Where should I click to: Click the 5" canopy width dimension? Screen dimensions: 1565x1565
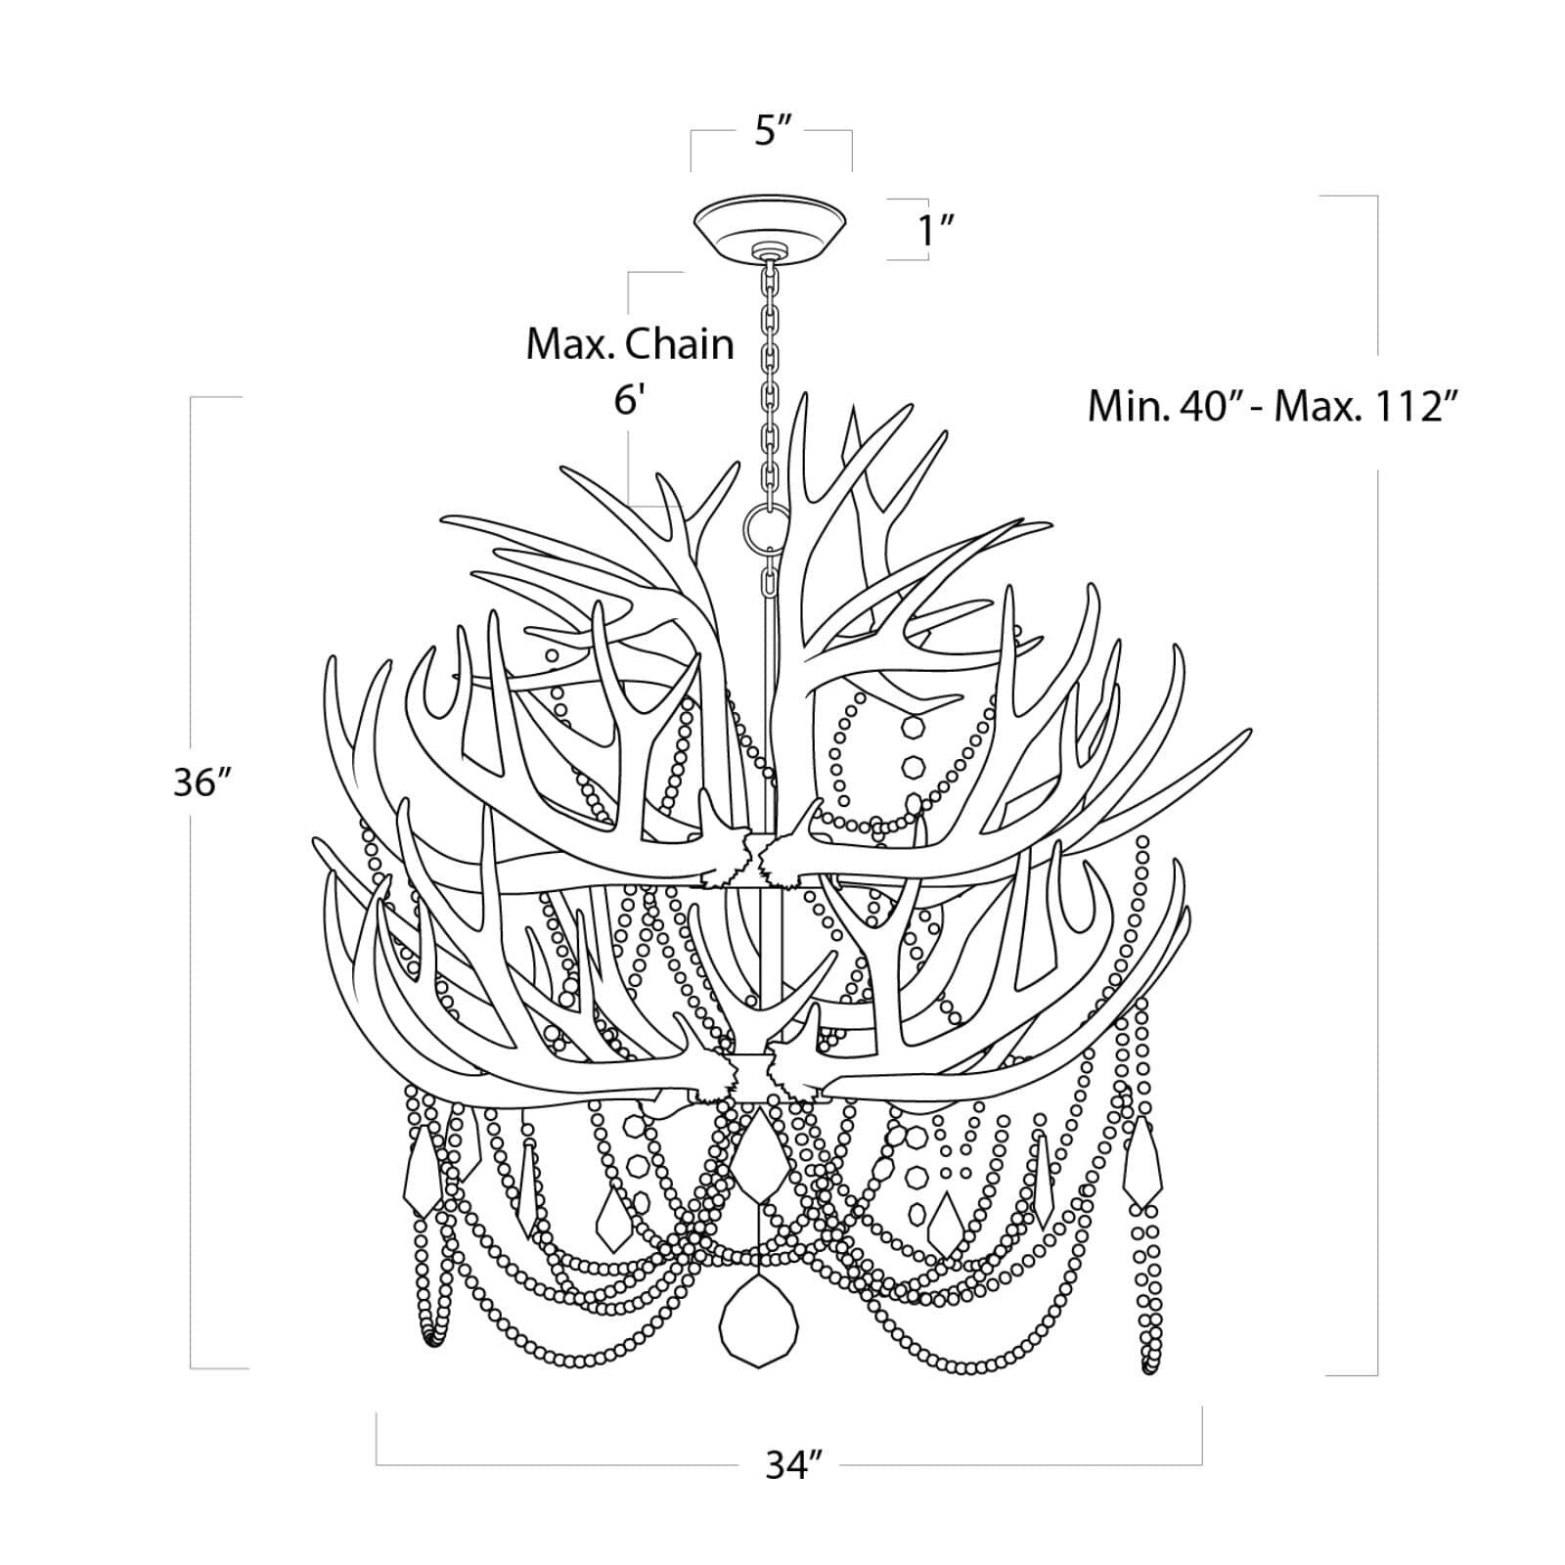(x=772, y=130)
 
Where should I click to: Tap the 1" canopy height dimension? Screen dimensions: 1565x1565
(x=934, y=231)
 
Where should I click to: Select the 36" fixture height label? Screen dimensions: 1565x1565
(x=201, y=782)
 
